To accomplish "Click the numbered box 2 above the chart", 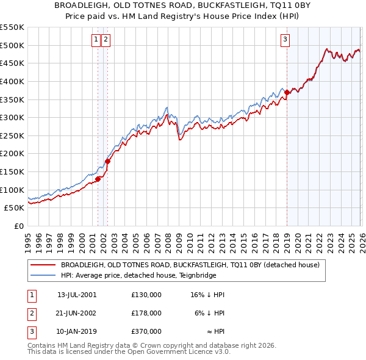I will (106, 40).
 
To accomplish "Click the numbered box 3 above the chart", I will (285, 40).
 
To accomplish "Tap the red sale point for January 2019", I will (287, 92).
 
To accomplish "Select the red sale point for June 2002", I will (108, 162).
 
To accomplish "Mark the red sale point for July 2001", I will (98, 179).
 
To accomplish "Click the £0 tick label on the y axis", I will (18, 226).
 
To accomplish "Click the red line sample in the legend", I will (43, 265).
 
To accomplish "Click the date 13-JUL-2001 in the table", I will (77, 295).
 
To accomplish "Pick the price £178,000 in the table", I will (146, 313).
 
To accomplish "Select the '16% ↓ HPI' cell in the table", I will (207, 295).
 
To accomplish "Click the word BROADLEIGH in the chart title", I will (83, 5).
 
